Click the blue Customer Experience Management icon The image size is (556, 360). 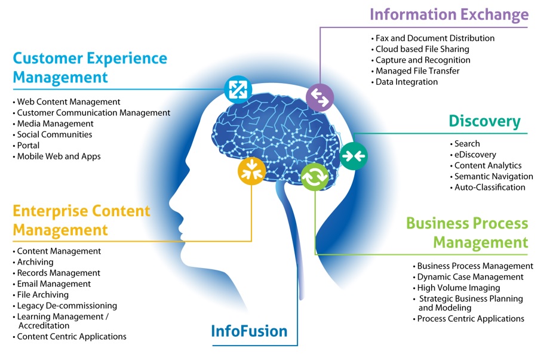pos(238,89)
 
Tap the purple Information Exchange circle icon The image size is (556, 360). pos(320,98)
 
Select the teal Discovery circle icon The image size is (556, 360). pos(354,156)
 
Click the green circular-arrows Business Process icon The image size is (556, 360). pos(315,177)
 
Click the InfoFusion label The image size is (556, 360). pos(249,331)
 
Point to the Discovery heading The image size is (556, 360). pos(484,122)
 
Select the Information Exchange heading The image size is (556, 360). pos(449,14)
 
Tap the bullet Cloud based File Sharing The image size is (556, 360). pos(422,49)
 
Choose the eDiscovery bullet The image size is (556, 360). pos(471,155)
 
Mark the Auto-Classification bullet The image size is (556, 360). pos(490,187)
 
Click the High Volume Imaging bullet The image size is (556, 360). pos(459,288)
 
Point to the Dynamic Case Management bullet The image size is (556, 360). pos(470,277)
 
